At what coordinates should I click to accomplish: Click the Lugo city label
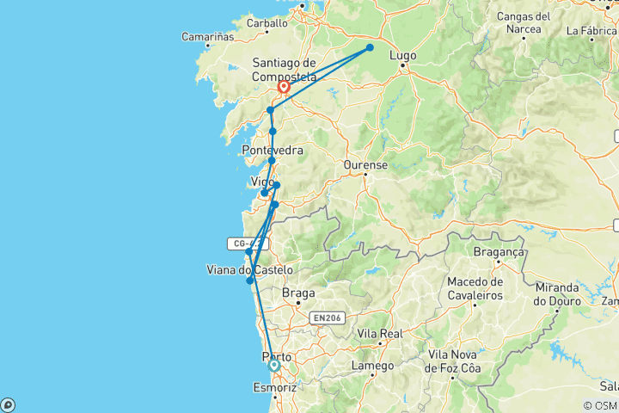(x=402, y=56)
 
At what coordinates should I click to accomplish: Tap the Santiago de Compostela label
(x=285, y=69)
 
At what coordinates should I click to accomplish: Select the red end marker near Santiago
(x=283, y=87)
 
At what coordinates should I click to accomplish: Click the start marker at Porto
(x=274, y=365)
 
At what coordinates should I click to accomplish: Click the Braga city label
(x=298, y=293)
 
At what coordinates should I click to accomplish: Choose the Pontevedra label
(x=273, y=151)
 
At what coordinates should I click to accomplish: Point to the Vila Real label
(x=379, y=332)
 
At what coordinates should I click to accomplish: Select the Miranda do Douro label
(x=555, y=293)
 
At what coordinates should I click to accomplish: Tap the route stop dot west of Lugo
(x=370, y=47)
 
